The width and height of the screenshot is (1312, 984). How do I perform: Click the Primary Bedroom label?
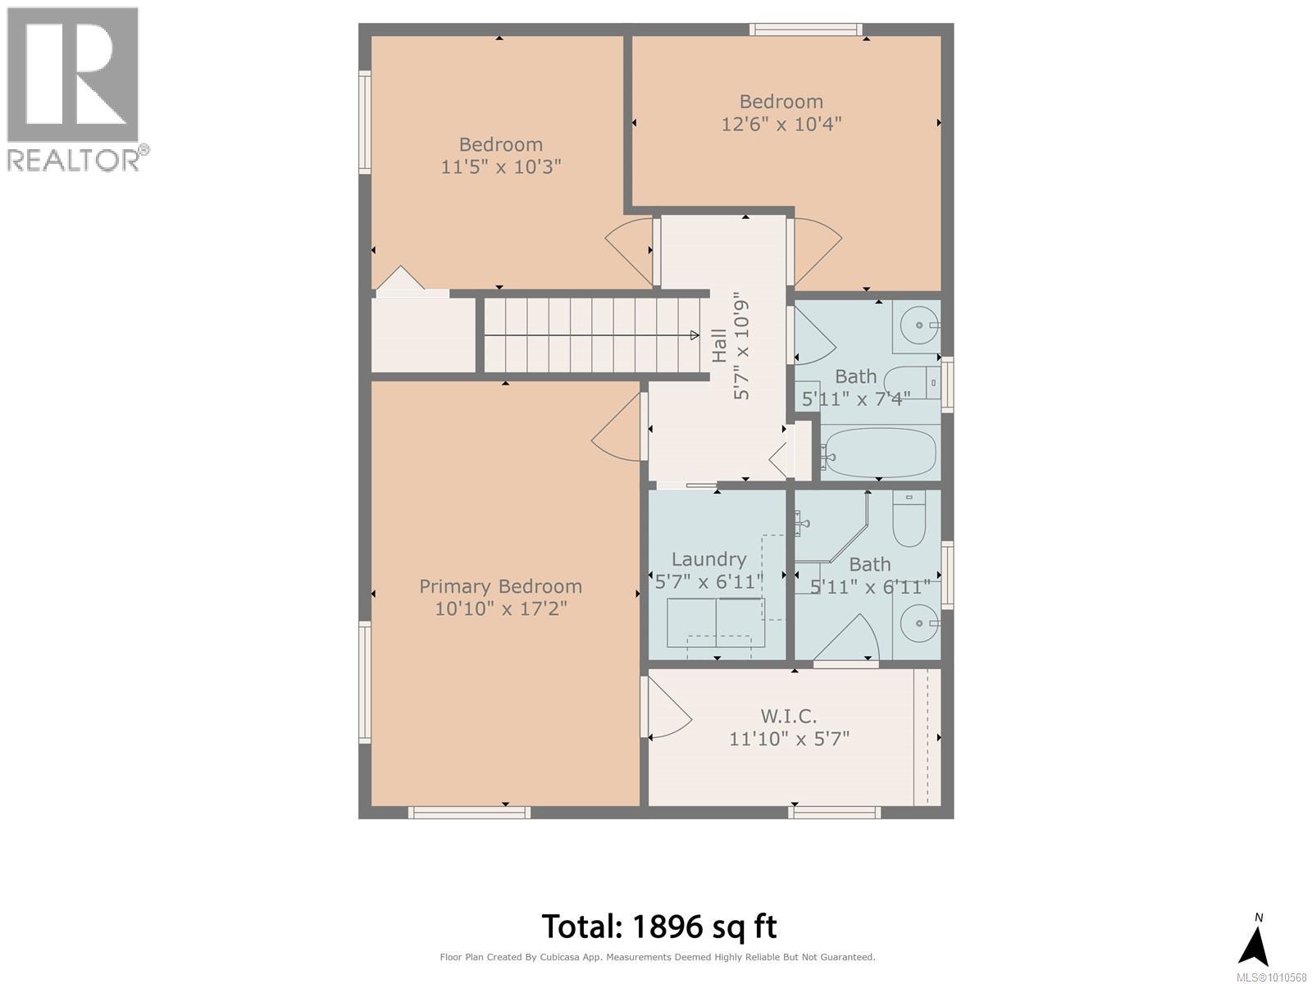pyautogui.click(x=500, y=586)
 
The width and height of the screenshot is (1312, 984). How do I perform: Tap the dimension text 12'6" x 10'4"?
pyautogui.click(x=781, y=124)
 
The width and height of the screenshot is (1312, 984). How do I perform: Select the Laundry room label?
pyautogui.click(x=708, y=559)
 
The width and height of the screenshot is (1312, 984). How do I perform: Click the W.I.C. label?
pyautogui.click(x=789, y=716)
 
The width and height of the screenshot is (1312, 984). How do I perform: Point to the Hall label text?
pyautogui.click(x=719, y=345)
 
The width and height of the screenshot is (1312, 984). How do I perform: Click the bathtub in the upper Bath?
pyautogui.click(x=880, y=453)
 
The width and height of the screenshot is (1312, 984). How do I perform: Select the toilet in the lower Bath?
pyautogui.click(x=909, y=521)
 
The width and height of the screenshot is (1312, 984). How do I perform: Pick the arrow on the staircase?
pyautogui.click(x=694, y=335)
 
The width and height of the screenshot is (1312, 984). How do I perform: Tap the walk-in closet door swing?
pyautogui.click(x=668, y=707)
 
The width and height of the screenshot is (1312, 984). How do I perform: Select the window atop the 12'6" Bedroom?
pyautogui.click(x=805, y=30)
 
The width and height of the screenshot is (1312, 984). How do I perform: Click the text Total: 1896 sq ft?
pyautogui.click(x=659, y=927)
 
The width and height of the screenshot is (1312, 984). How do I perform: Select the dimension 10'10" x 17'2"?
pyautogui.click(x=500, y=609)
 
